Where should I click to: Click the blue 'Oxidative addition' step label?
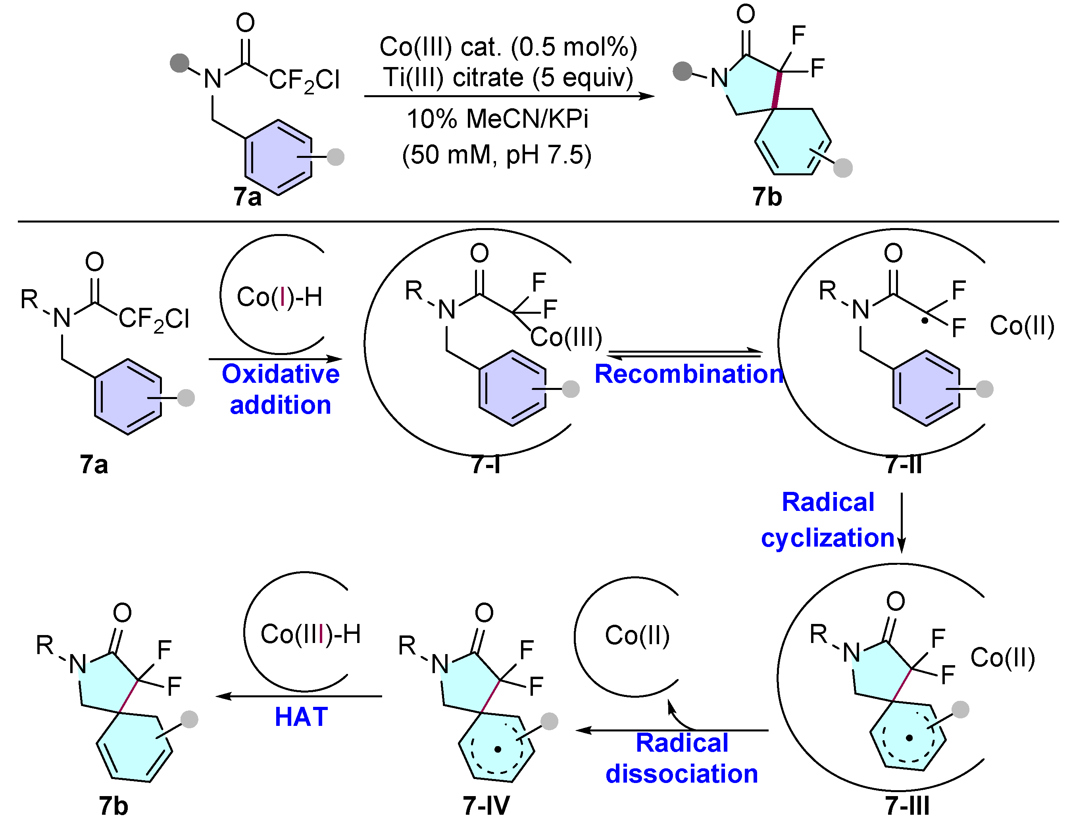(281, 389)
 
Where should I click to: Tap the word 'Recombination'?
(689, 374)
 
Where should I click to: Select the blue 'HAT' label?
(301, 717)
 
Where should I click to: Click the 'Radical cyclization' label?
(828, 520)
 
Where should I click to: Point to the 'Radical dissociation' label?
(682, 758)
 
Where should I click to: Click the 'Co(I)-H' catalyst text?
(279, 297)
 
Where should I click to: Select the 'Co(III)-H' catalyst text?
(310, 634)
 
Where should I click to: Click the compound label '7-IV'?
(486, 806)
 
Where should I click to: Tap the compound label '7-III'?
(907, 806)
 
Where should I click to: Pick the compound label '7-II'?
(904, 464)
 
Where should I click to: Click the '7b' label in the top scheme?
(767, 197)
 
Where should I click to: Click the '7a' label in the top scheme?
(247, 197)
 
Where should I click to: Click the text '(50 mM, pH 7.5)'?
(497, 155)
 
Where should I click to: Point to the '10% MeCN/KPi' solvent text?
(497, 119)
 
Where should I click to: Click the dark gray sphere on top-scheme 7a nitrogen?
(179, 63)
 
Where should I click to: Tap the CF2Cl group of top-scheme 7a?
(304, 80)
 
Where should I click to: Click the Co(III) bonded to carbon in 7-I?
(566, 337)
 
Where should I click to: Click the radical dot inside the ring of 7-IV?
(498, 749)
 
